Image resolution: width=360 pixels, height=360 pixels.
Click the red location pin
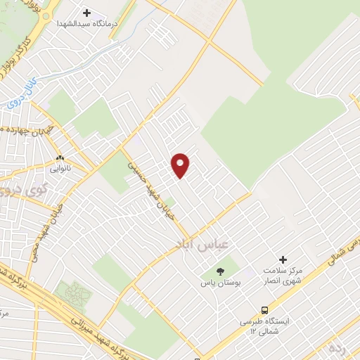tap(181, 165)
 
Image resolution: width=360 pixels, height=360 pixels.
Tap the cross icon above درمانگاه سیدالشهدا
tap(87, 13)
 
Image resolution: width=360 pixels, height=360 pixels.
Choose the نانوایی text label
tap(60, 169)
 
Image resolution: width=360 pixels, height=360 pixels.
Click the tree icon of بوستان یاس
tap(220, 271)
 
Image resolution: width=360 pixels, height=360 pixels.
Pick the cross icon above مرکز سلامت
tap(283, 259)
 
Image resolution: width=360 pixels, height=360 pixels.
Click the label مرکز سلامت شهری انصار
tap(283, 276)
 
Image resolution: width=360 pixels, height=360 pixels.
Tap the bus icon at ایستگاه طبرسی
tap(264, 309)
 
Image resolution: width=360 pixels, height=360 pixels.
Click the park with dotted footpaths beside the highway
tap(73, 294)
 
